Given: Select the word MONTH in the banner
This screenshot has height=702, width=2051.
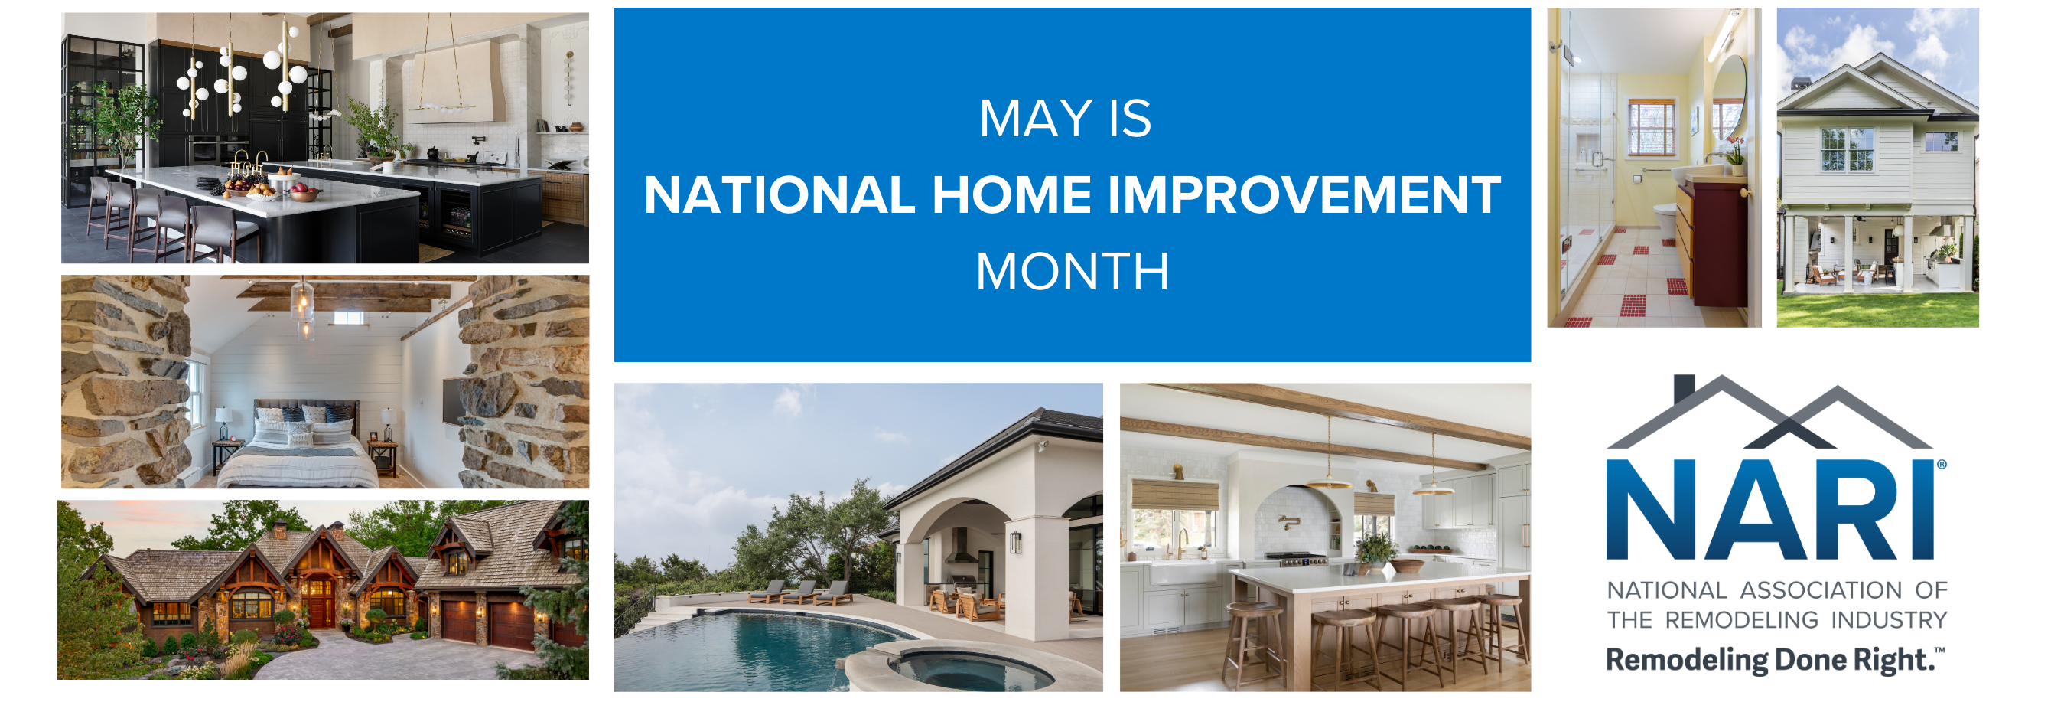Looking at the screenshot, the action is [1072, 272].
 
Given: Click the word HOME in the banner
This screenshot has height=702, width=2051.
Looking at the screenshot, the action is [1011, 195].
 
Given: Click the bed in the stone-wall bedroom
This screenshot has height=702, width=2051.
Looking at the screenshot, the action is [295, 449].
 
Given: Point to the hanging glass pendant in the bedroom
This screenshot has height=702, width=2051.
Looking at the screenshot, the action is [302, 307].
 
